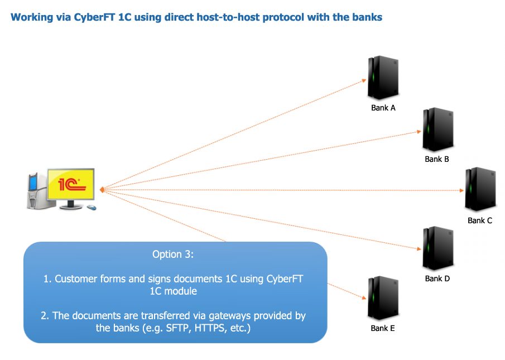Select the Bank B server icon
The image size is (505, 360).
click(437, 129)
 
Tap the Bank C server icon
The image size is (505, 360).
click(479, 190)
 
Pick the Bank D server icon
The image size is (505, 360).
click(437, 248)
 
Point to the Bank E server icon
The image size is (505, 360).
click(382, 299)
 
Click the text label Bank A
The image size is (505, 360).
click(383, 108)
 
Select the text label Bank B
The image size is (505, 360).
click(437, 159)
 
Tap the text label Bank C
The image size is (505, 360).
click(480, 220)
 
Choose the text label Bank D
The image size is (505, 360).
click(437, 279)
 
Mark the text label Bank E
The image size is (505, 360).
click(383, 328)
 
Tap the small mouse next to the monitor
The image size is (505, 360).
click(91, 208)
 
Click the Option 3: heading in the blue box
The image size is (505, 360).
click(174, 255)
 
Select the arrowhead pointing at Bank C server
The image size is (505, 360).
click(461, 190)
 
